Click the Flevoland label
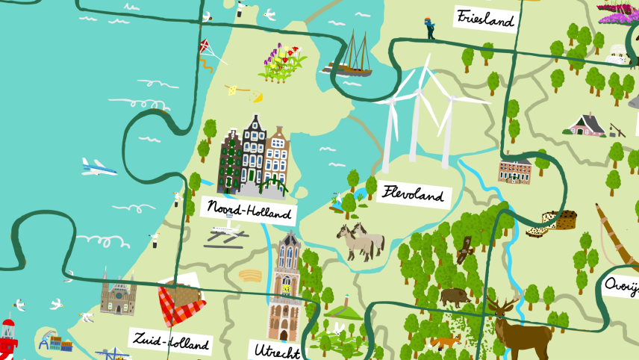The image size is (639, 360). click(414, 195)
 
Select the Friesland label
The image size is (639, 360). click(486, 18)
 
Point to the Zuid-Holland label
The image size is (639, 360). click(170, 341)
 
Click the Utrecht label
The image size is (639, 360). click(276, 350)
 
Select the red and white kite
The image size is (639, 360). click(205, 47)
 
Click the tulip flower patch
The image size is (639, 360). click(282, 62)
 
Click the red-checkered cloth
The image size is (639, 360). click(180, 305)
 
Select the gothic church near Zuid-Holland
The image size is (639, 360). click(118, 296)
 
